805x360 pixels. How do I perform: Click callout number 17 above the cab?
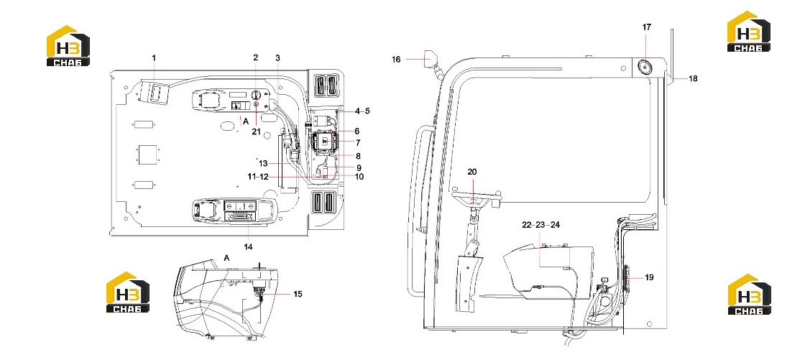(x=646, y=27)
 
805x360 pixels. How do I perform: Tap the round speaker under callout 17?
(x=644, y=66)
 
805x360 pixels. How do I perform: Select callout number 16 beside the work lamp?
(x=396, y=60)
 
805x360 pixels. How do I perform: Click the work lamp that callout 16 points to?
(x=430, y=57)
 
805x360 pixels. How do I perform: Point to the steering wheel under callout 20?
(x=475, y=194)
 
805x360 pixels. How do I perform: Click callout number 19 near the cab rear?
(x=650, y=277)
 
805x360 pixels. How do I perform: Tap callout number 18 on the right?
(x=693, y=78)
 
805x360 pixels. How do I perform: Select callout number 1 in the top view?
(x=154, y=58)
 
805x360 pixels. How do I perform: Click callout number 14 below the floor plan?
(x=249, y=247)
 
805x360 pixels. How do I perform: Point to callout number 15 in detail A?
(x=298, y=295)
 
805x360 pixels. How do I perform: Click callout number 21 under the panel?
(x=256, y=131)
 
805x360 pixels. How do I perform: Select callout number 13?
(x=263, y=163)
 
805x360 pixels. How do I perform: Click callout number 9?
(x=359, y=167)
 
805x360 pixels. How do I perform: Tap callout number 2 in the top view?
(x=256, y=57)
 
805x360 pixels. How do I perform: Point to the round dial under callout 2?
(x=256, y=95)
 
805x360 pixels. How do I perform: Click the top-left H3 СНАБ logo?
(x=68, y=46)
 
